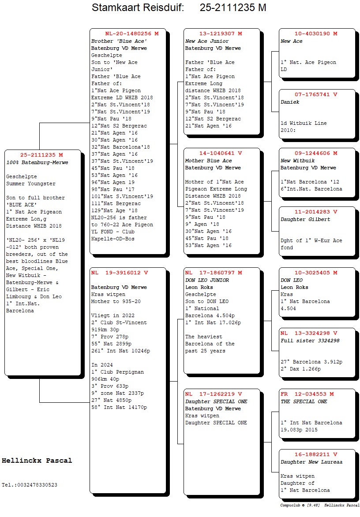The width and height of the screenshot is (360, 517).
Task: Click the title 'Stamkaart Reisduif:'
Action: click(138, 7)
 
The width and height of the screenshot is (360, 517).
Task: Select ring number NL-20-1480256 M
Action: click(132, 34)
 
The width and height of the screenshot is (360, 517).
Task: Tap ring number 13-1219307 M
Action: click(221, 34)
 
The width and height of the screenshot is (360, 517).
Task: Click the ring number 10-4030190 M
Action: click(316, 34)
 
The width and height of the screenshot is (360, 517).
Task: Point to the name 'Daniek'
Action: click(290, 102)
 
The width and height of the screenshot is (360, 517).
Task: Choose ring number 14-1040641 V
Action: click(221, 154)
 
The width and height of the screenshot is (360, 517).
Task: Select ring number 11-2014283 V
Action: click(316, 212)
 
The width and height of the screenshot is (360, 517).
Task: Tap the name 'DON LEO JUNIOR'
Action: click(207, 280)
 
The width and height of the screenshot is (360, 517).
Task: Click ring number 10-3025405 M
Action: click(316, 273)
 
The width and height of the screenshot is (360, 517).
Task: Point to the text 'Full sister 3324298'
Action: click(310, 341)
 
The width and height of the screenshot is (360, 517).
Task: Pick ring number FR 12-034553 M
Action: click(307, 394)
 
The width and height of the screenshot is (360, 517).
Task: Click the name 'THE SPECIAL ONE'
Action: click(304, 401)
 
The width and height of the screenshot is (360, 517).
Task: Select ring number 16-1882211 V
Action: click(316, 454)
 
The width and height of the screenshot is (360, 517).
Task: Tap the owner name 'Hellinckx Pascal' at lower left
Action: click(37, 461)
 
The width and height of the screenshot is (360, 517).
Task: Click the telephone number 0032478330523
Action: click(37, 485)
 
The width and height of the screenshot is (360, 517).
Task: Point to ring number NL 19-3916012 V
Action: click(120, 273)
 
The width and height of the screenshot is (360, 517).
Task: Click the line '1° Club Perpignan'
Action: click(118, 372)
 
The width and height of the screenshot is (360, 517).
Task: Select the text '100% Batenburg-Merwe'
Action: click(37, 162)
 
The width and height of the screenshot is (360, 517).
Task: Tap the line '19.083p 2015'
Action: click(299, 430)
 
